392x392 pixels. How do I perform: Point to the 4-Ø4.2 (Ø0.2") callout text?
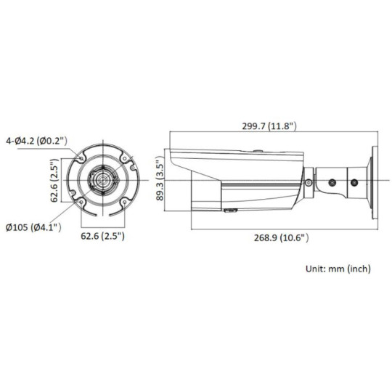(x=35, y=141)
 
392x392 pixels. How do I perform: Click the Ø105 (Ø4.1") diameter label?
(x=31, y=227)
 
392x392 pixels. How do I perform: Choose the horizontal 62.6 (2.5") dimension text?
(x=99, y=236)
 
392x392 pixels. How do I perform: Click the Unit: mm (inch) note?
(x=338, y=268)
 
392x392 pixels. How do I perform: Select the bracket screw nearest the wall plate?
(x=354, y=179)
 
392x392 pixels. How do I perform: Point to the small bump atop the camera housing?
(x=258, y=151)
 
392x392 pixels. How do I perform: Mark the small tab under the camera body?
(x=231, y=211)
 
